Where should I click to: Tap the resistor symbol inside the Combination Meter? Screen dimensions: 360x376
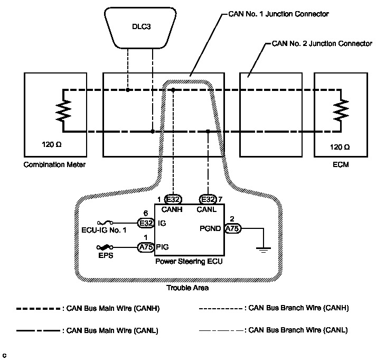(63, 111)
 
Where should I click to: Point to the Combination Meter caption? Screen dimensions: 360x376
(54, 165)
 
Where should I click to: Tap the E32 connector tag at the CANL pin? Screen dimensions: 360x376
(208, 199)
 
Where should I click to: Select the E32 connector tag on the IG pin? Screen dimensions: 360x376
(146, 223)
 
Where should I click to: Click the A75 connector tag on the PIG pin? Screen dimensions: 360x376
(146, 247)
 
